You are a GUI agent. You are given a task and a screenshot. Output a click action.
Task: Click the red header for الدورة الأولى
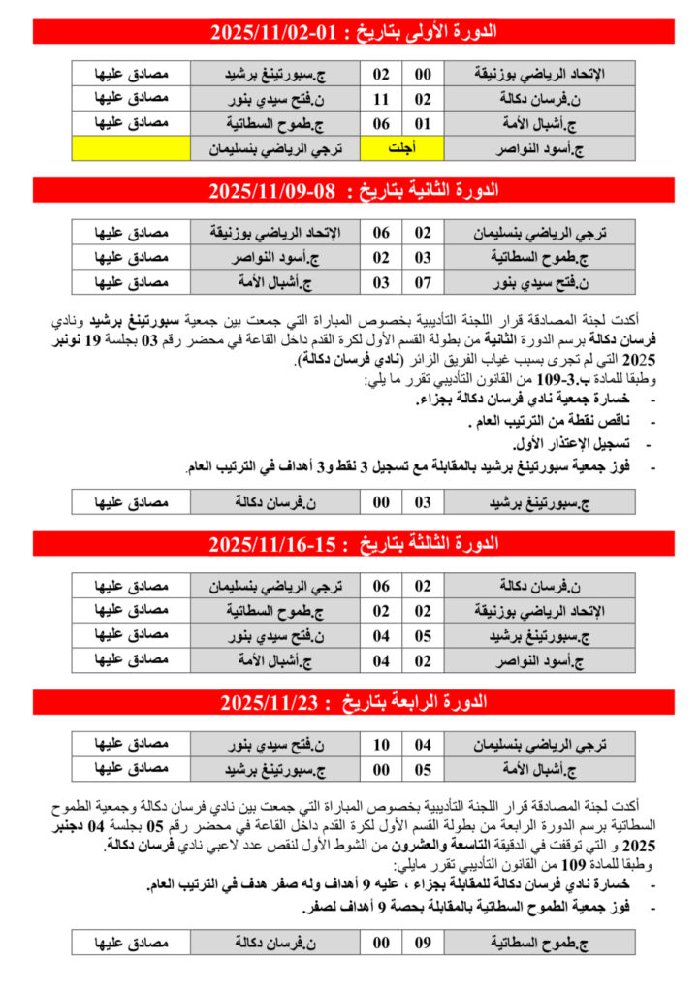click(354, 31)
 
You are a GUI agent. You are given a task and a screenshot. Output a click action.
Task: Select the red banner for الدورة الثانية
click(354, 190)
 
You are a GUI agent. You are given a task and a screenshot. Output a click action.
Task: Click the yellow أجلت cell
click(396, 148)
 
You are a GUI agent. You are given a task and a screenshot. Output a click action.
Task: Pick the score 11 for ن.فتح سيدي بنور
click(382, 98)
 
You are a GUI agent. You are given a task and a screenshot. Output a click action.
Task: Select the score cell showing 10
click(382, 744)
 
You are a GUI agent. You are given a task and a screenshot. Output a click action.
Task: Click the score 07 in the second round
click(423, 282)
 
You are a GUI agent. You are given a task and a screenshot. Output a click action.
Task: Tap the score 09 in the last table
click(423, 941)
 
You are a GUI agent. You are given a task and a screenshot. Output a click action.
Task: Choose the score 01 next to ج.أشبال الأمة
click(423, 123)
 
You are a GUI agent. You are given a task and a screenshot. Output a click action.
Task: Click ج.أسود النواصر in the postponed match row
click(540, 148)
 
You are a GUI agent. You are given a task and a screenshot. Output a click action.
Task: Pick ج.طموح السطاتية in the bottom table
click(540, 941)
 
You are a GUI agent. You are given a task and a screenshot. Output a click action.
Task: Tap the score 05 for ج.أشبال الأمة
click(423, 769)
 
